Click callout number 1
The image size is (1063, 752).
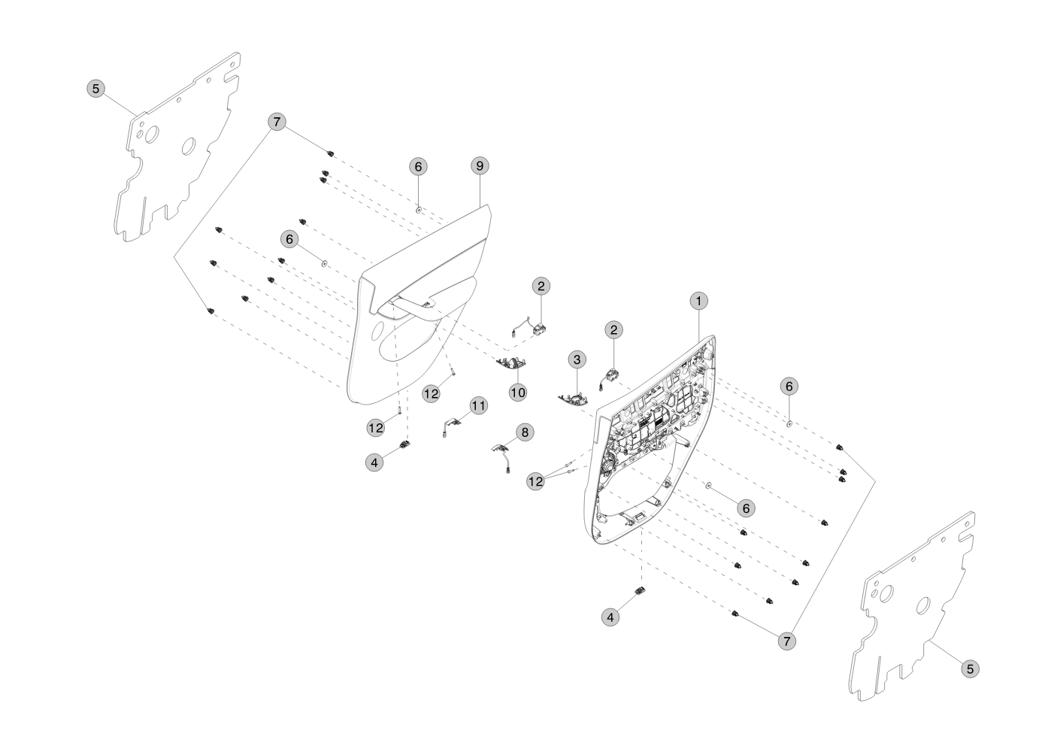click(x=698, y=301)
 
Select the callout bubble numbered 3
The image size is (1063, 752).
click(x=577, y=359)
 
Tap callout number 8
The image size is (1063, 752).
click(x=525, y=432)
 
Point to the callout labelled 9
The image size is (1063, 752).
click(x=480, y=165)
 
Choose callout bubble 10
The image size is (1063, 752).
click(x=518, y=392)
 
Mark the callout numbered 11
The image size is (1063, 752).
click(x=478, y=405)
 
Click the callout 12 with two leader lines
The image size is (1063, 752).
click(x=536, y=481)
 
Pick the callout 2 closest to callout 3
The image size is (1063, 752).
click(x=614, y=329)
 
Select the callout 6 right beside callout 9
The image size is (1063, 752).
click(x=418, y=166)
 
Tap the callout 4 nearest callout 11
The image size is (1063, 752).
click(x=374, y=462)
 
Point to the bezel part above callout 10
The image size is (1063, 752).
click(x=511, y=363)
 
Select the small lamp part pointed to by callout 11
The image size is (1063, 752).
click(x=451, y=424)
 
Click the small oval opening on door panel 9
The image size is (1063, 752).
click(x=377, y=331)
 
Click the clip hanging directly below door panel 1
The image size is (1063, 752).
click(x=641, y=590)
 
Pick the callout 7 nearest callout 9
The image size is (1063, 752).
click(x=277, y=122)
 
